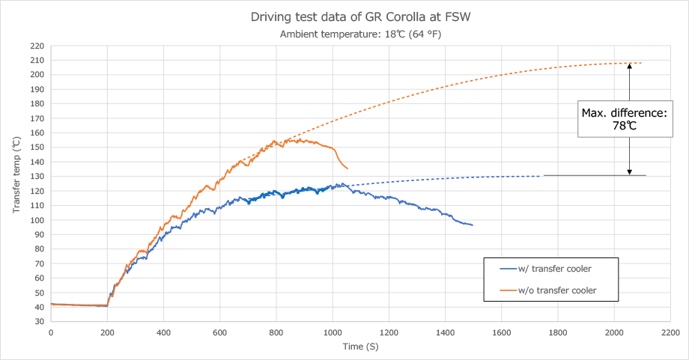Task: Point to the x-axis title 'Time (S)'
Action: point(359,347)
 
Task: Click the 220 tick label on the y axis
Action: point(37,46)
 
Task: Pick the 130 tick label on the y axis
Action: point(37,177)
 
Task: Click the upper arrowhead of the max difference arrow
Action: point(630,66)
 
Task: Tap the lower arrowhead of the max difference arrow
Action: point(630,171)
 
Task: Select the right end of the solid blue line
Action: point(472,225)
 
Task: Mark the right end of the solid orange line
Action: point(347,168)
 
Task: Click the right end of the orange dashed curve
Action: point(641,63)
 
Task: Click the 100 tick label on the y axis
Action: point(37,220)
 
